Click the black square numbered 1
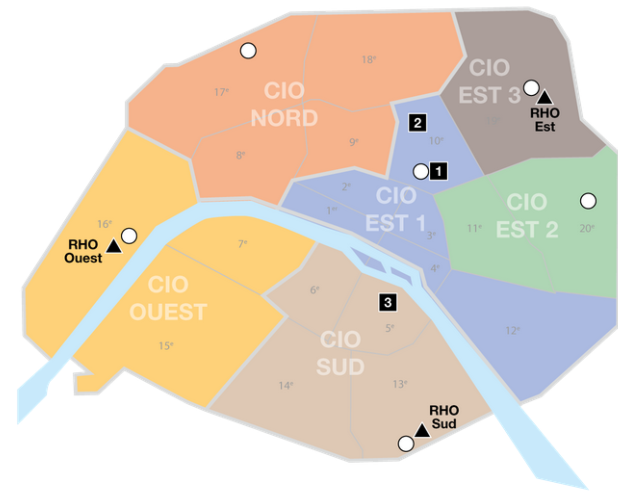(438, 171)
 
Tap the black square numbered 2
(417, 123)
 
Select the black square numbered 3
(388, 302)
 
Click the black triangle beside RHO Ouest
(114, 247)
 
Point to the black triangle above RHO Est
(545, 98)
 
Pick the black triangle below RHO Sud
(422, 431)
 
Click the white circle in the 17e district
(248, 51)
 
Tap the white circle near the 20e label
(588, 201)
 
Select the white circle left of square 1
(421, 171)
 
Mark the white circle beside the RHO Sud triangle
(406, 444)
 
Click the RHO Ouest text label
(83, 251)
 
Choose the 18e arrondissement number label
(369, 60)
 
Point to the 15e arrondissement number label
(166, 346)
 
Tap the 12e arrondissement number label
(512, 331)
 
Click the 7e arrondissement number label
(243, 244)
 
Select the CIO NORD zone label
(284, 104)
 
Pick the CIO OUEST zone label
(168, 298)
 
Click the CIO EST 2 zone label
(527, 216)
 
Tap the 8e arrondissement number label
(240, 155)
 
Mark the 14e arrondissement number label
(286, 385)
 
